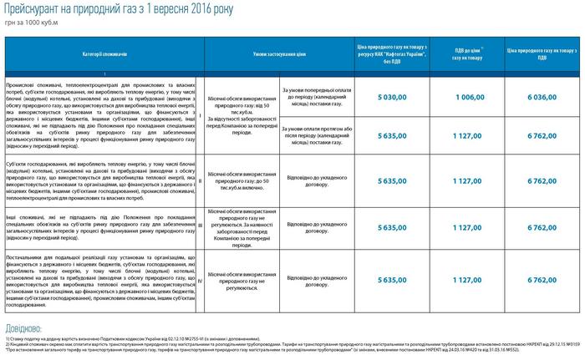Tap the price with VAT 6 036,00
[542, 98]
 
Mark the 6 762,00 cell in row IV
[542, 281]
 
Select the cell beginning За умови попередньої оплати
[319, 97]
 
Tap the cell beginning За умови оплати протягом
[319, 134]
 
